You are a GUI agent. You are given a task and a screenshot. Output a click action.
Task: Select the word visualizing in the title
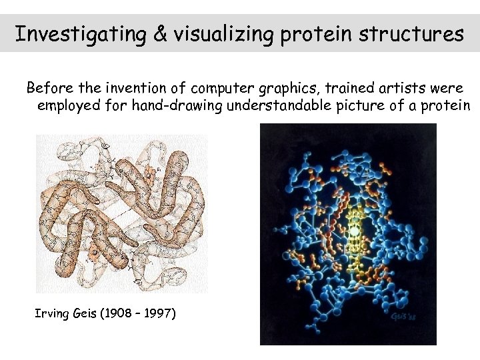tap(224, 34)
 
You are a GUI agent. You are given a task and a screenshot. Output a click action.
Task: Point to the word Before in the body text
tap(46, 88)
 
